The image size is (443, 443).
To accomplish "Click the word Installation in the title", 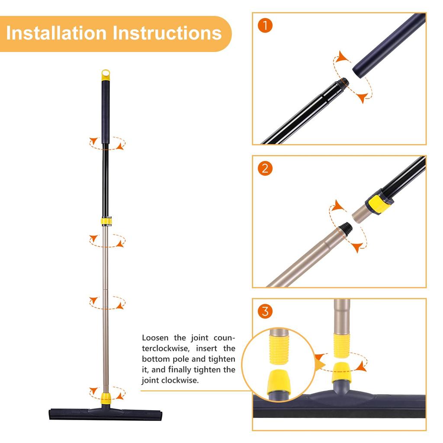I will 56,33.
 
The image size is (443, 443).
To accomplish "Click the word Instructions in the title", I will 167,33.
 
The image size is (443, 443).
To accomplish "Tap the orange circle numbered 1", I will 265,26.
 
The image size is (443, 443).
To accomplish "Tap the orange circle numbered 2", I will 265,168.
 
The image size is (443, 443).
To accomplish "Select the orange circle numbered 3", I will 265,311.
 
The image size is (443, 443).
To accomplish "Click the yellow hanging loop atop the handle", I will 106,75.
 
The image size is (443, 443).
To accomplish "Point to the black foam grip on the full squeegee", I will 106,112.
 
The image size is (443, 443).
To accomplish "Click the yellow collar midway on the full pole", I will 106,221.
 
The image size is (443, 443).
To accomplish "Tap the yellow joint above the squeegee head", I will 105,398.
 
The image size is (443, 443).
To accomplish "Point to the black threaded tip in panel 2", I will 346,226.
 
